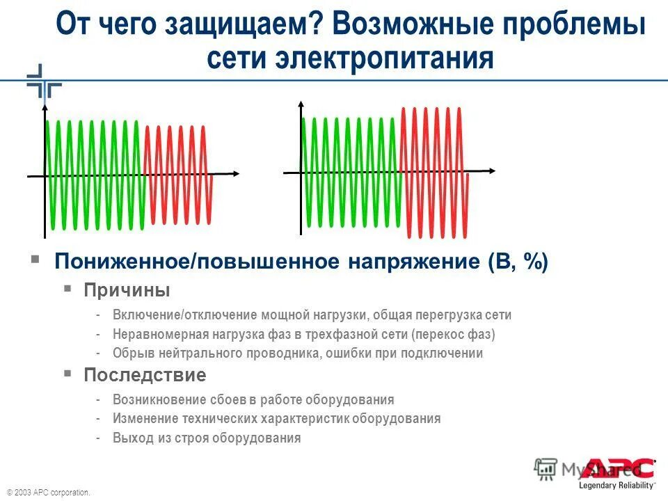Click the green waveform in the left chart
click(x=94, y=174)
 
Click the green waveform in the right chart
click(x=351, y=171)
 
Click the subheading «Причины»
click(x=127, y=289)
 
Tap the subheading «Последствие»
click(x=145, y=376)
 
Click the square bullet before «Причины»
click(x=67, y=287)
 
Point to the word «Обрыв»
click(x=131, y=353)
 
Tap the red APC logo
click(x=620, y=468)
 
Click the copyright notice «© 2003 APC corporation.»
click(x=49, y=492)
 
